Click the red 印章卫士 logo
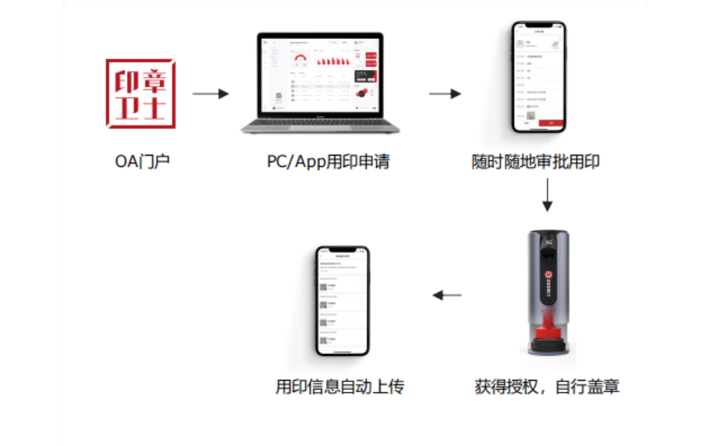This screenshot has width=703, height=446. click(140, 93)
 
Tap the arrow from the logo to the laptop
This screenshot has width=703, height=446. click(210, 94)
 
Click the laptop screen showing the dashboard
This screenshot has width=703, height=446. click(320, 75)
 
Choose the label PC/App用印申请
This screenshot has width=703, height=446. click(328, 161)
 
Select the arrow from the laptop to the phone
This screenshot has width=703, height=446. click(444, 94)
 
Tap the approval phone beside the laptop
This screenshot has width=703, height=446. click(539, 77)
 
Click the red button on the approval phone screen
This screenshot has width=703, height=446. click(551, 122)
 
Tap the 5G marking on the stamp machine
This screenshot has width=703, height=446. click(547, 242)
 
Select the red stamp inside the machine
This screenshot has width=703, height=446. click(547, 331)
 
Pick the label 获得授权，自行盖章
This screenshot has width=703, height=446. click(547, 387)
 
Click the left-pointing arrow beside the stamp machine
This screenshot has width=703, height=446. click(448, 295)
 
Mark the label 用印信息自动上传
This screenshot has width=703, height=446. click(340, 387)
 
